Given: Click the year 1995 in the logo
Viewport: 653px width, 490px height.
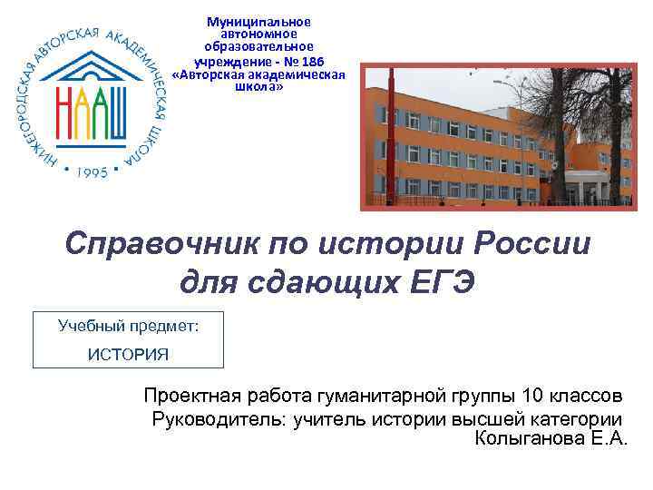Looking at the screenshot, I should click(x=91, y=171).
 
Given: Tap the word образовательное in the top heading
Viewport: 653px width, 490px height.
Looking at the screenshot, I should click(x=258, y=46).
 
